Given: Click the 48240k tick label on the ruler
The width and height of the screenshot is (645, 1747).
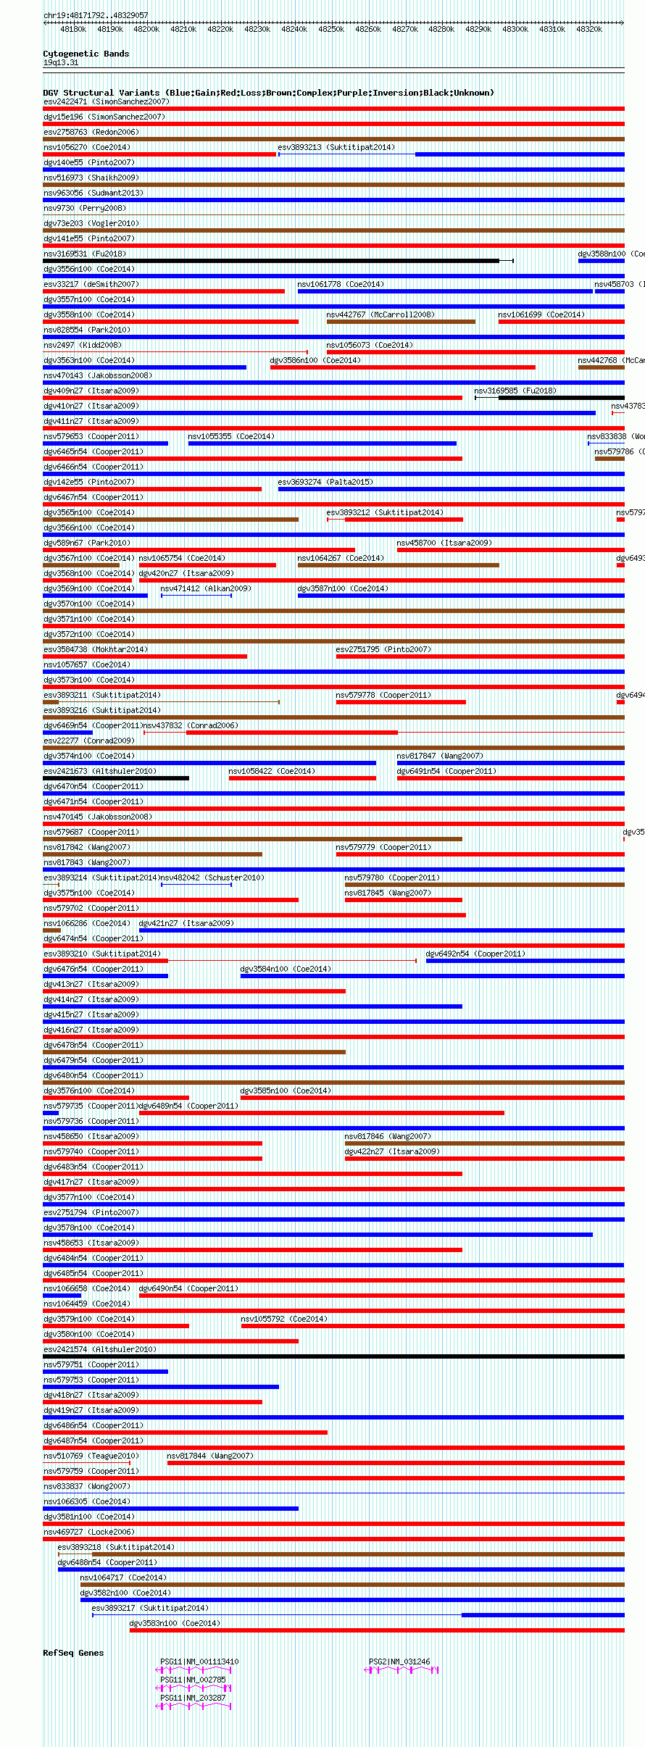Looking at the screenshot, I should (294, 29).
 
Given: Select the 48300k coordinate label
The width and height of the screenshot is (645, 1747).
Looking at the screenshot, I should (515, 29).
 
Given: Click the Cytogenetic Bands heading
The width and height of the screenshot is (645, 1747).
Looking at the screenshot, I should (86, 54).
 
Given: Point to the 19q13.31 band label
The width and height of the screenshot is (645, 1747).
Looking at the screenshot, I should (61, 62).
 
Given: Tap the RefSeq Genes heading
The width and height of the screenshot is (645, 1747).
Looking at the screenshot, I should (73, 1653).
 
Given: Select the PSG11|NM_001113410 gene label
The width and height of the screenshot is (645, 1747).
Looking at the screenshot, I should (199, 1661).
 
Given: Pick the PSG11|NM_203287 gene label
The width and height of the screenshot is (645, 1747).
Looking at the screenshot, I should (193, 1698).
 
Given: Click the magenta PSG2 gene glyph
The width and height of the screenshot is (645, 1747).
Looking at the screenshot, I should (401, 1669).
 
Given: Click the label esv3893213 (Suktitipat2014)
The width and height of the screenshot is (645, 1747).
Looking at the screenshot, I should (336, 147).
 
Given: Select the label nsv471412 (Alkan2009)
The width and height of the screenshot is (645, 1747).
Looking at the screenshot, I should (206, 588).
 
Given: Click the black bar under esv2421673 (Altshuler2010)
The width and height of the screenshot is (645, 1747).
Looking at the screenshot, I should (116, 778).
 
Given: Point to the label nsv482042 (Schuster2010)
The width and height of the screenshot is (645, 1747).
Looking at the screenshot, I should (212, 877).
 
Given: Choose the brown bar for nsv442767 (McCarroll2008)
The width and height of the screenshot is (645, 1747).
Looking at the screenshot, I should (401, 322).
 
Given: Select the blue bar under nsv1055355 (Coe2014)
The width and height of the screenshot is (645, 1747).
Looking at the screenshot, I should (322, 443).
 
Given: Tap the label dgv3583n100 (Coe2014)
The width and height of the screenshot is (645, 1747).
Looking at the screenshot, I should (175, 1623).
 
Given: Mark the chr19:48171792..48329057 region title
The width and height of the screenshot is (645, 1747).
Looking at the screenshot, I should (96, 15).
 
